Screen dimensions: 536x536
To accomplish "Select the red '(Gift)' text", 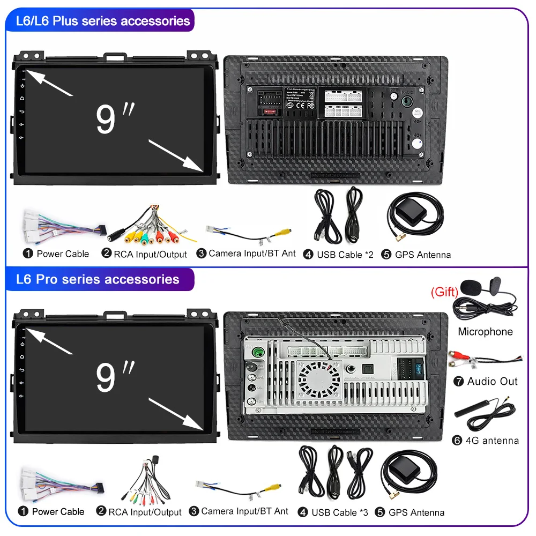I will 444,292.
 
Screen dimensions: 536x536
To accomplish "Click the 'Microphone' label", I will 485,332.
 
